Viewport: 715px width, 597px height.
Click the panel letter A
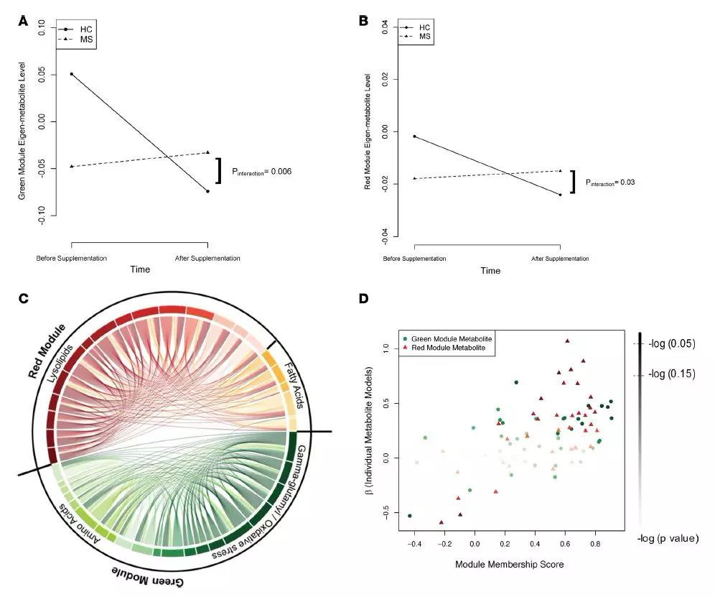[x=24, y=21]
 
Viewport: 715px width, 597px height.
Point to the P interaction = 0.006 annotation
[x=262, y=172]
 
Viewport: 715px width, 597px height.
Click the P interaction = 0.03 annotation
[x=610, y=182]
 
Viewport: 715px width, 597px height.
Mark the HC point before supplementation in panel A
[x=71, y=74]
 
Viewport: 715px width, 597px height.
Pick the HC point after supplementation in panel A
[x=207, y=191]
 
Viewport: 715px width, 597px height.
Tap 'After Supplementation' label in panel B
[x=560, y=259]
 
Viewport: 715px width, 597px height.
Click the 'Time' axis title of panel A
[x=140, y=269]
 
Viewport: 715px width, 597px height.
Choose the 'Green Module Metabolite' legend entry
[x=450, y=338]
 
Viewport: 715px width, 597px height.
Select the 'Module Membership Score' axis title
[x=509, y=564]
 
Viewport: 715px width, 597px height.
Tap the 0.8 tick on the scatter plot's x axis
[x=595, y=545]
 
